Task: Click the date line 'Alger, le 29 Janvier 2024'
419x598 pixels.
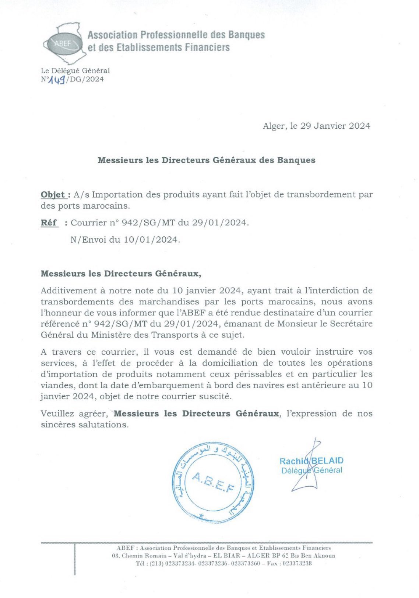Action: [x=316, y=126]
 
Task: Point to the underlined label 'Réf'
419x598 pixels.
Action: [x=49, y=223]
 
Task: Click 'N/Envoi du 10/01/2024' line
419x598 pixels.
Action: [x=125, y=240]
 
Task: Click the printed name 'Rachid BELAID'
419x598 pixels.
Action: [x=311, y=461]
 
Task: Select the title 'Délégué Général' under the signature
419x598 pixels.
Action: [x=311, y=470]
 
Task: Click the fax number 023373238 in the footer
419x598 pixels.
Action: [x=296, y=563]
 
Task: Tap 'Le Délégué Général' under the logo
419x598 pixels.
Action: [x=75, y=70]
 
